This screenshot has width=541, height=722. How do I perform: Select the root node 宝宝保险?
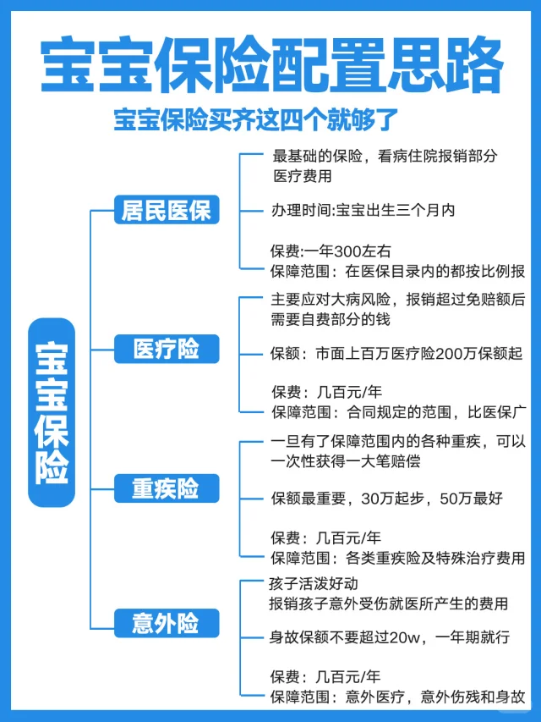point(52,412)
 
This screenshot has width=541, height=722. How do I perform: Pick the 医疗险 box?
point(167,348)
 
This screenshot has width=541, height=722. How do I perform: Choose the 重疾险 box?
point(167,488)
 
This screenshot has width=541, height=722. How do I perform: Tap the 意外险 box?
point(167,624)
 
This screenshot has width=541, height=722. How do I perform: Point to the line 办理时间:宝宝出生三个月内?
point(363,210)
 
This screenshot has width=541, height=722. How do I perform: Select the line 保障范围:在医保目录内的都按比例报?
point(397,272)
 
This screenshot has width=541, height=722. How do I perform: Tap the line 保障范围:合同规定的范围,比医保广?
point(397,412)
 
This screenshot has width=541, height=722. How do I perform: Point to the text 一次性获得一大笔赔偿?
point(345,461)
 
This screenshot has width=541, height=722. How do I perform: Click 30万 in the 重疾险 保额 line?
point(377,499)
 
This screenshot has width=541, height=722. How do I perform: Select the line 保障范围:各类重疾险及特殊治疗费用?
point(397,558)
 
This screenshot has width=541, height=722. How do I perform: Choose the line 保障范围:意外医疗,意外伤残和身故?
point(397,697)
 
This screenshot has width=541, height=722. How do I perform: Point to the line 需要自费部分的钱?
point(331,320)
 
